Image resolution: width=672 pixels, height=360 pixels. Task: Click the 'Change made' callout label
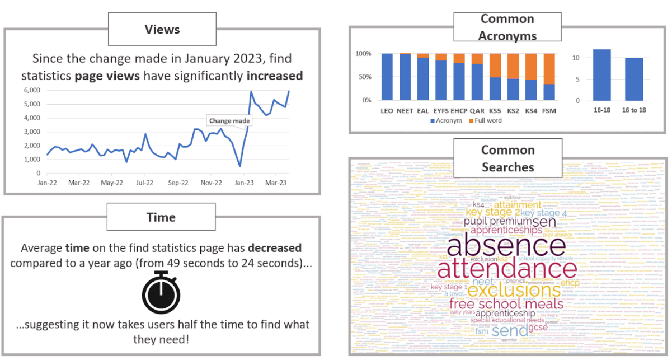230,120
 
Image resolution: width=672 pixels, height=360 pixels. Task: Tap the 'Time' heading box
161,218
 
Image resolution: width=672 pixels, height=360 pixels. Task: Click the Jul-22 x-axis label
145,183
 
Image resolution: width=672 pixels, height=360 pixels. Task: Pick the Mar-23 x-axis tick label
276,183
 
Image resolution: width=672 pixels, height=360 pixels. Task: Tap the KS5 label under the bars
495,111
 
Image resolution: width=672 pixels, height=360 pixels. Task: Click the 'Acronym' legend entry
447,121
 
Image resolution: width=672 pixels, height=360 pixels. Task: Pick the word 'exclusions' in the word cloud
514,291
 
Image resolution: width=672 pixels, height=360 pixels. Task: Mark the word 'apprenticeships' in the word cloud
506,230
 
